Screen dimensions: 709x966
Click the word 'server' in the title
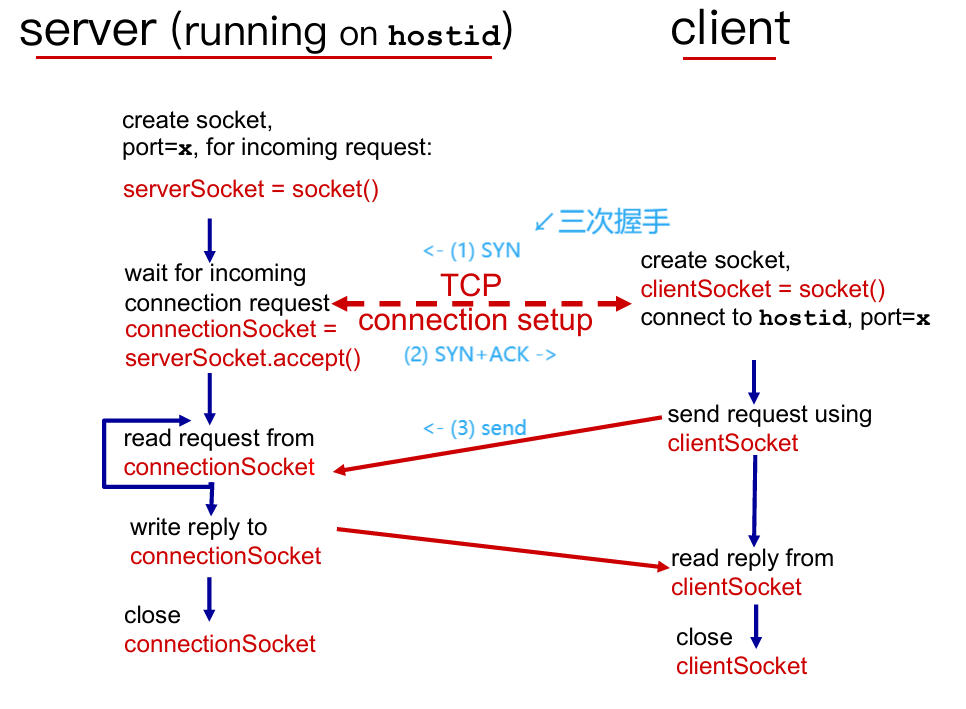[x=88, y=32]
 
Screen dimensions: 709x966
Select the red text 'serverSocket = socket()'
[x=251, y=190]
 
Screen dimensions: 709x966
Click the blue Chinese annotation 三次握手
[x=613, y=221]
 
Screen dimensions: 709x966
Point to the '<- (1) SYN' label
[x=471, y=250]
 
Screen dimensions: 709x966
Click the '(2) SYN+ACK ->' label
[x=480, y=354]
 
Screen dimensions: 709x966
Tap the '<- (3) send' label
[x=474, y=428]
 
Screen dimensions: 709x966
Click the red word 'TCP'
[x=471, y=286]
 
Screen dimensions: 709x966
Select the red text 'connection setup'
[x=475, y=320]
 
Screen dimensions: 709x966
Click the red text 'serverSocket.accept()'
[x=243, y=357]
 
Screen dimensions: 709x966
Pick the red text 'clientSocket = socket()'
[x=763, y=290]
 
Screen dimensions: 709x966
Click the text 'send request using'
[x=769, y=414]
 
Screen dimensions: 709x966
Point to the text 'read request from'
[x=219, y=438]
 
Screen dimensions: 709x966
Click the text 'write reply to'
[x=198, y=527]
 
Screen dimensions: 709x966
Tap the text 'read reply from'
[x=752, y=558]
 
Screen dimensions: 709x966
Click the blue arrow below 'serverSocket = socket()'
[x=210, y=239]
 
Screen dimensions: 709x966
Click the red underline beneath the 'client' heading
[x=729, y=58]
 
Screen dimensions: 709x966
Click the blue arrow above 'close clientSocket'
[x=756, y=625]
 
